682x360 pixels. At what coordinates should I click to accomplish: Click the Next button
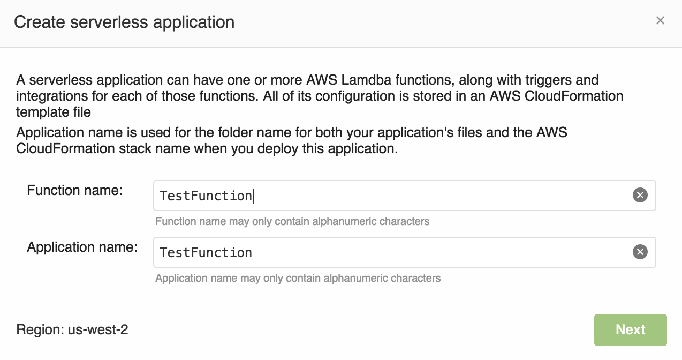pos(630,329)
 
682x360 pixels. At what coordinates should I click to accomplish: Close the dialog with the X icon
pos(660,21)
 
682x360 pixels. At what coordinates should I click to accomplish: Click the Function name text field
pos(391,196)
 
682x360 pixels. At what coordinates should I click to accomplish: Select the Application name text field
pos(391,252)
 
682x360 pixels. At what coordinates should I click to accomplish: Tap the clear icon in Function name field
pos(640,196)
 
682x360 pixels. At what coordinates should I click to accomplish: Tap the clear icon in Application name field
pos(640,252)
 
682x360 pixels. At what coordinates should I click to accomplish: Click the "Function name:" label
pos(75,190)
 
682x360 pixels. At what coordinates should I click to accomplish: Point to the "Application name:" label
pos(82,247)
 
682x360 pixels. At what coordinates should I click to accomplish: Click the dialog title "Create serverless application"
pos(124,22)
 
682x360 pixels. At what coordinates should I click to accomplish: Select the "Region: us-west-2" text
pos(72,329)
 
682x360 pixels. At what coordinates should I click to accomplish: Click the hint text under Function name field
pos(292,221)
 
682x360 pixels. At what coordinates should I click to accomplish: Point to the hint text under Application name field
pos(298,278)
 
